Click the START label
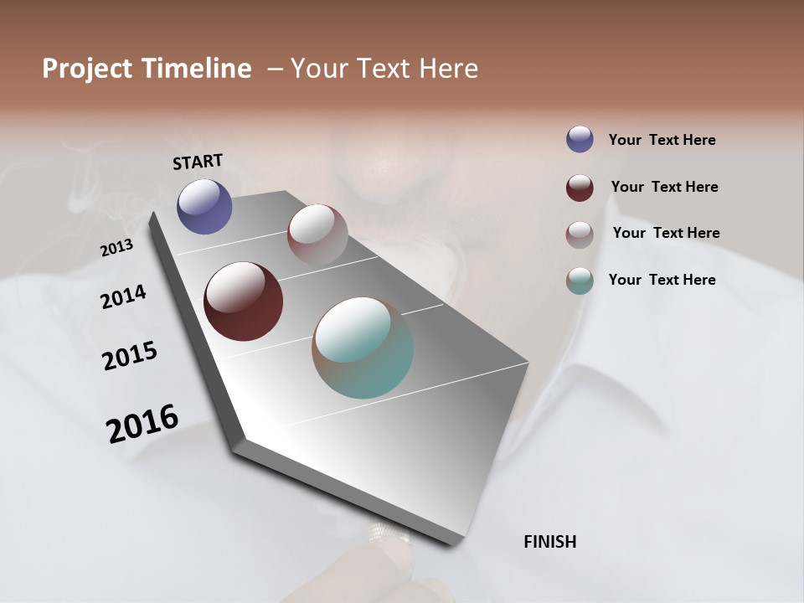click(198, 161)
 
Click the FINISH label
click(549, 542)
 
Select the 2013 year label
click(116, 248)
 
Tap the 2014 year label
click(123, 296)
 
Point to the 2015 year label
click(130, 355)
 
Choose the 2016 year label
click(142, 423)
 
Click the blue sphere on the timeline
click(204, 206)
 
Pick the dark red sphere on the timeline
click(243, 301)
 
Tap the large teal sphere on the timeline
click(363, 348)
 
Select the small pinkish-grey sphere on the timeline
click(317, 234)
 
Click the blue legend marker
click(580, 140)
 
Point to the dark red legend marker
click(580, 188)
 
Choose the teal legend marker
click(580, 281)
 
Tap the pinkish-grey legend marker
click(580, 234)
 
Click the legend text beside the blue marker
click(662, 140)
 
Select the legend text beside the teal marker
click(662, 280)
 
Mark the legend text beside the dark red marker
click(664, 187)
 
